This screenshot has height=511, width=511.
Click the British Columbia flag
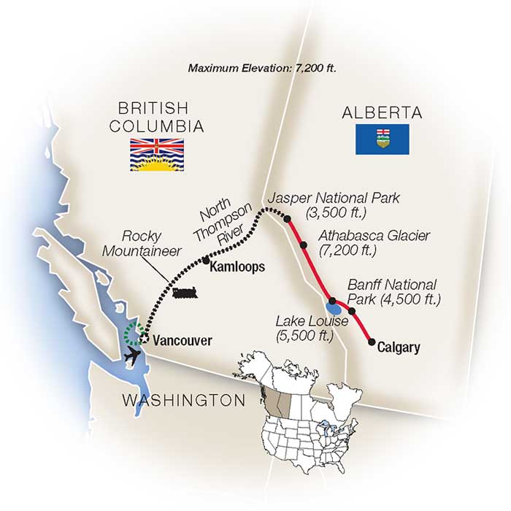point(157,154)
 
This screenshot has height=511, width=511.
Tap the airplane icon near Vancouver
point(133,356)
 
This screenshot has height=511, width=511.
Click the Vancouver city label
point(182,340)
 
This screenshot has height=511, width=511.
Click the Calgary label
point(399,348)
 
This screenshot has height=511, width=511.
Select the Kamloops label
point(236,268)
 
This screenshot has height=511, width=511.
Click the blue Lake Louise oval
point(332,308)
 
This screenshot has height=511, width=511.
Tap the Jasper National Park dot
point(288,218)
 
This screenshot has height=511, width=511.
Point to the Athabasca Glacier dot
point(304,245)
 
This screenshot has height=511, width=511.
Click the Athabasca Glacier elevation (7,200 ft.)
point(348,250)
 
